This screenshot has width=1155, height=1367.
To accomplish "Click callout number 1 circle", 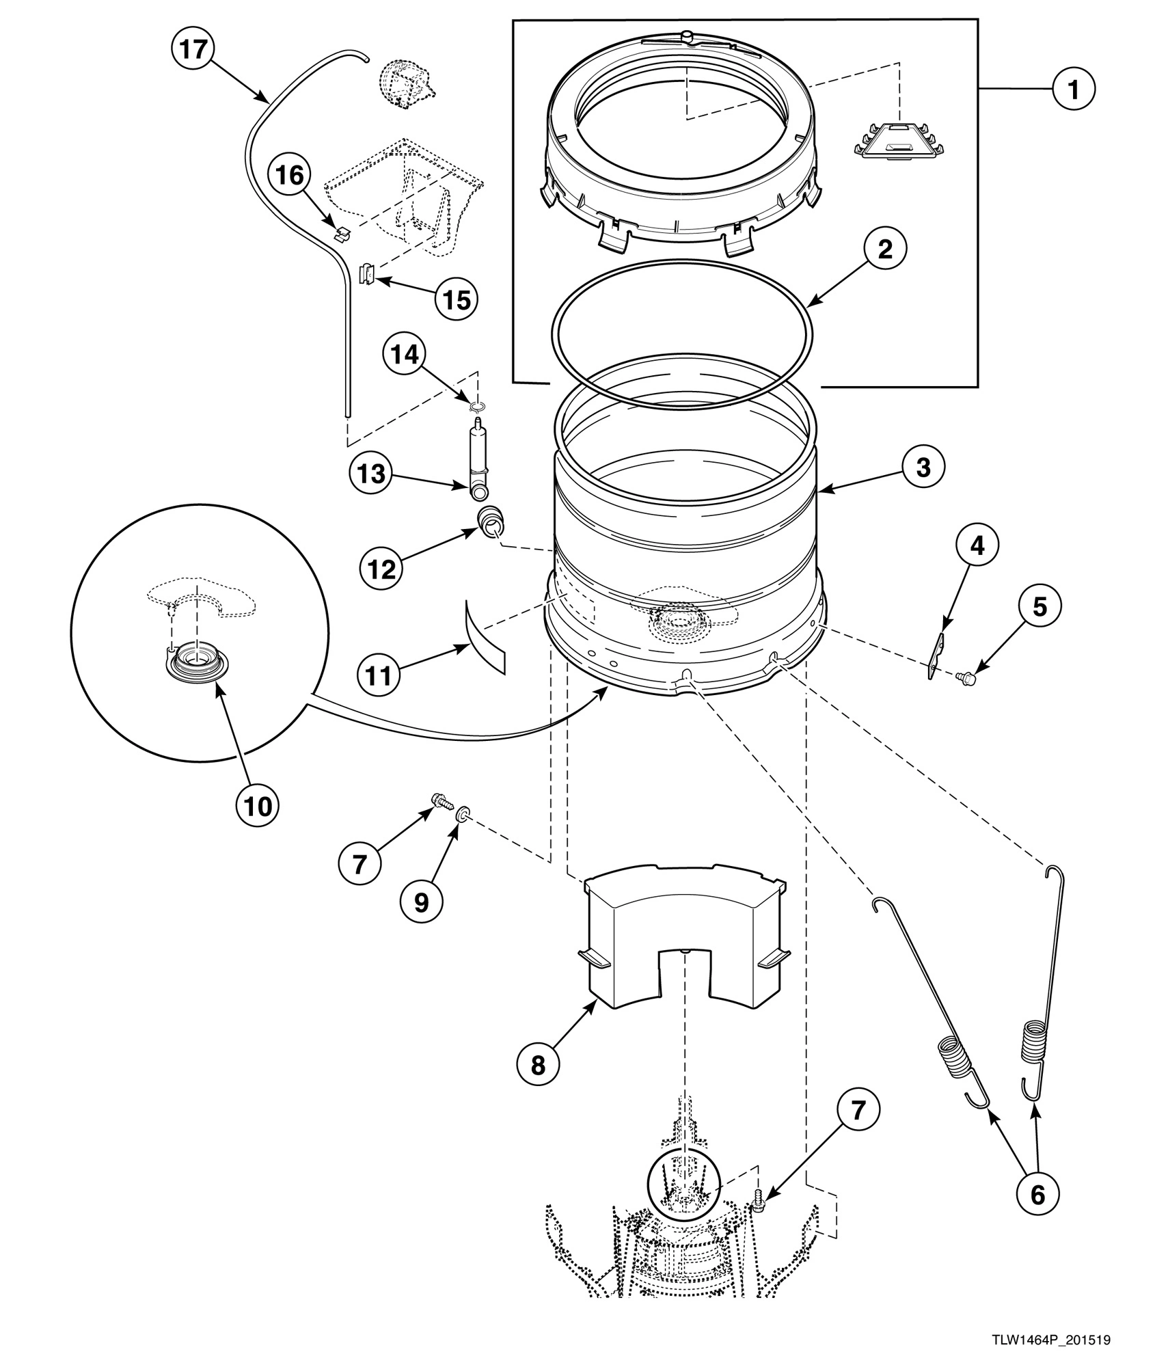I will tap(1073, 89).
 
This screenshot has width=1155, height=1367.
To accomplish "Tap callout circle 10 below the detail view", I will tap(258, 806).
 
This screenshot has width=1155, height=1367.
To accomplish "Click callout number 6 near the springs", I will tap(1037, 1194).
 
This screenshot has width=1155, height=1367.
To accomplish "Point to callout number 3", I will tap(923, 468).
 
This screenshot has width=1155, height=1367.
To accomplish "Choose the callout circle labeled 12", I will tap(382, 569).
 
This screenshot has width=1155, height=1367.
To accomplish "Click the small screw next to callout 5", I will tap(969, 678).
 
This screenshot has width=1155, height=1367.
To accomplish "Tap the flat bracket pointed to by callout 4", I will tap(936, 657).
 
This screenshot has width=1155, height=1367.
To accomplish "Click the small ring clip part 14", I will tap(478, 407).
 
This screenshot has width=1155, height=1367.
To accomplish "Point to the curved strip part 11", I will tap(484, 639).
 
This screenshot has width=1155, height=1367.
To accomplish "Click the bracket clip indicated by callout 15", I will tap(368, 275).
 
